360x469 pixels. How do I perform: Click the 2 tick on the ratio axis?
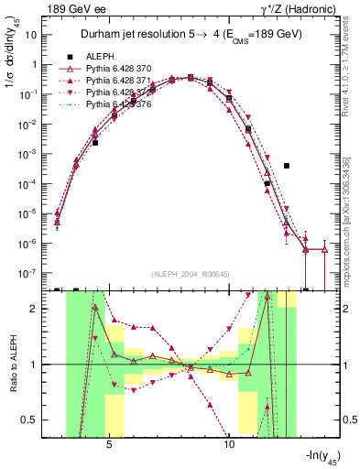point(37,309)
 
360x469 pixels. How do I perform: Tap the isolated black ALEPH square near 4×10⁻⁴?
point(287,166)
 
